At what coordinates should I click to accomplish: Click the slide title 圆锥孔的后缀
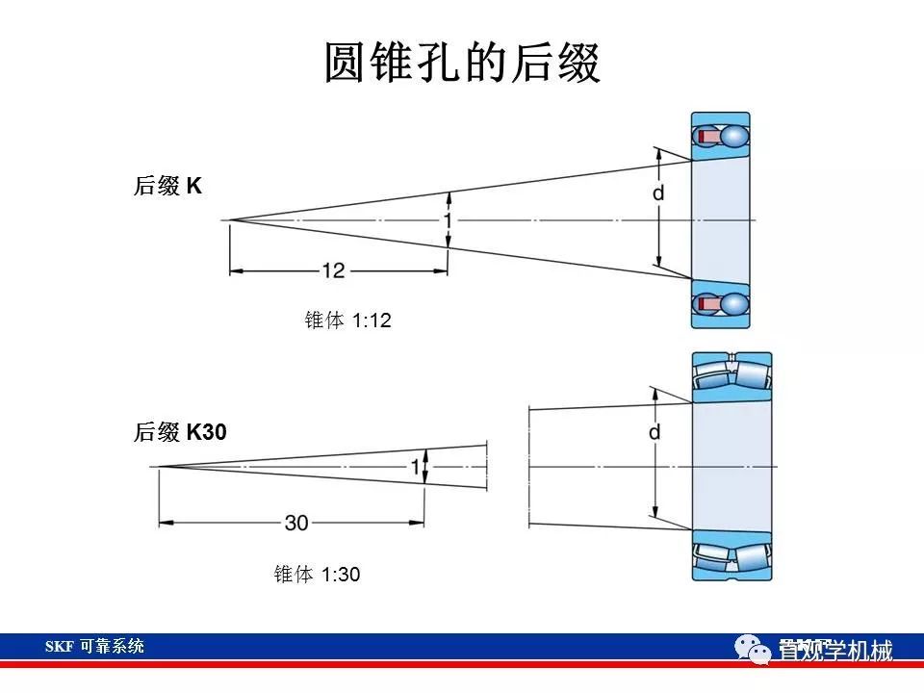coord(462,63)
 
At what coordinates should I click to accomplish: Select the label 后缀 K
coord(167,187)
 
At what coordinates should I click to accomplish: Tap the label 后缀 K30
coord(180,434)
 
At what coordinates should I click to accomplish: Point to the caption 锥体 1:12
coord(347,321)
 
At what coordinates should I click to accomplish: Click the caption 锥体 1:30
coord(317,575)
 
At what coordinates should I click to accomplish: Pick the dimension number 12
coord(333,271)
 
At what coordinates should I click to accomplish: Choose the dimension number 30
coord(296,523)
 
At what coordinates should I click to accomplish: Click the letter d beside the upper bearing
coord(658,193)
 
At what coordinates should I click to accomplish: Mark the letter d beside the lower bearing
coord(654,433)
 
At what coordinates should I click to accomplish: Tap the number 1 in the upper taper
coord(448,220)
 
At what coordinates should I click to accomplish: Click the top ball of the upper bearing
coord(734,137)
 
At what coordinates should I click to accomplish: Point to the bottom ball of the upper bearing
coord(734,304)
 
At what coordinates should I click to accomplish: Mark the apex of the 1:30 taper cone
coord(159,467)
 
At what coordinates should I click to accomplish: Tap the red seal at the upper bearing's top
coord(706,138)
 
